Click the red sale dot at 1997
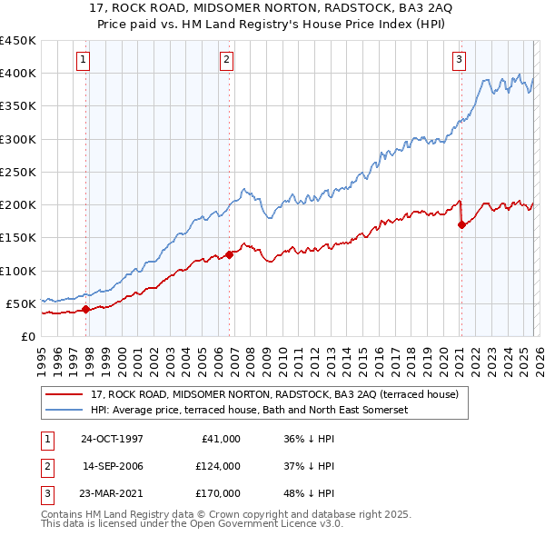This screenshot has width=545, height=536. pyautogui.click(x=86, y=309)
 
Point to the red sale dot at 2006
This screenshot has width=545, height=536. pyautogui.click(x=229, y=254)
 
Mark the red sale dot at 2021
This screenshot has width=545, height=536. pyautogui.click(x=461, y=224)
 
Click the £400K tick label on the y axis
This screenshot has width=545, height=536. pyautogui.click(x=17, y=74)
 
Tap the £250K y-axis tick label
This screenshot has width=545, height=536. pyautogui.click(x=17, y=172)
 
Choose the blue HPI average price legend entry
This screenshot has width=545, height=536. pyautogui.click(x=250, y=410)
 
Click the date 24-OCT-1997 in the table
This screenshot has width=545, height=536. pyautogui.click(x=112, y=439)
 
